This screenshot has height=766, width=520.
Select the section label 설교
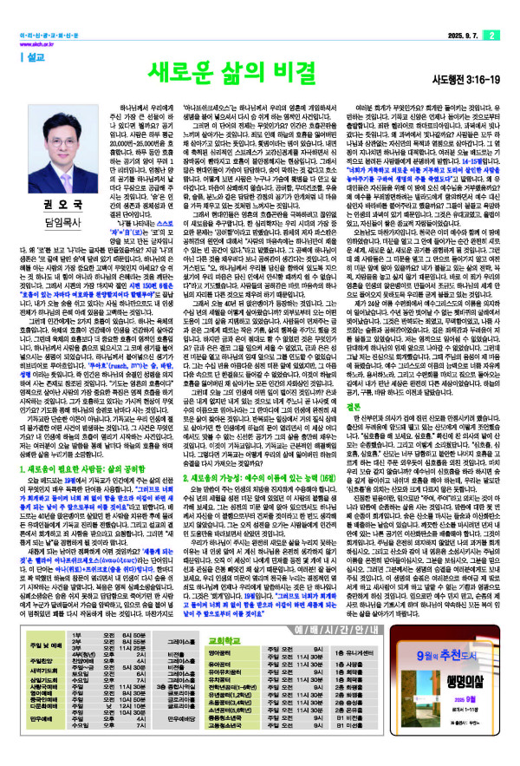click(39, 56)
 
